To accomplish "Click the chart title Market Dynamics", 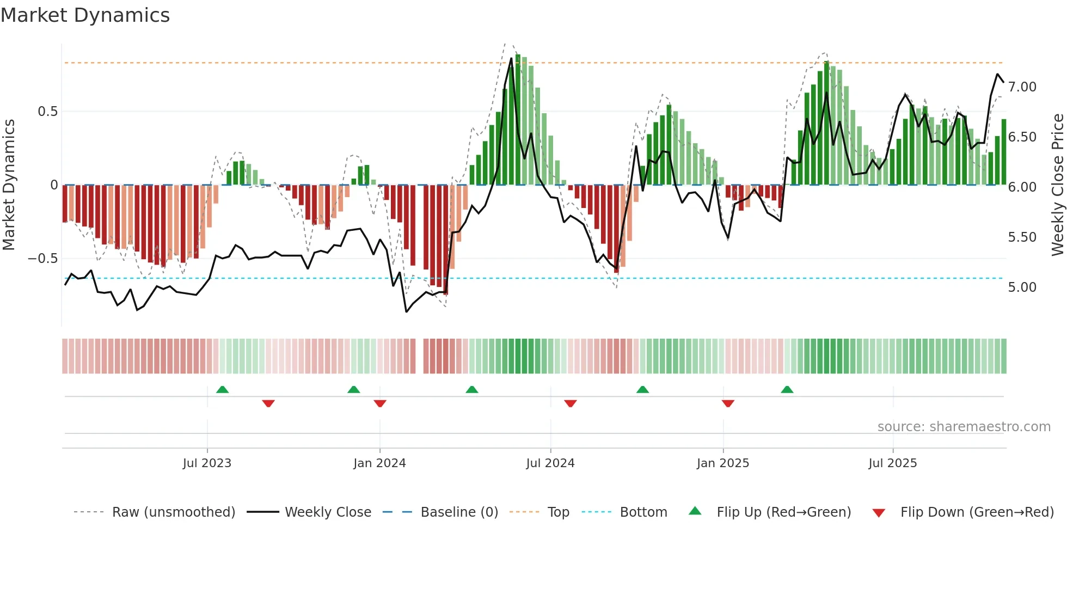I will click(x=85, y=15).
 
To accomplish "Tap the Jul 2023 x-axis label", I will click(x=207, y=463).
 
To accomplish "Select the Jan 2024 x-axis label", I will click(x=379, y=463).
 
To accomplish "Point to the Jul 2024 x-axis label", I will click(x=550, y=463).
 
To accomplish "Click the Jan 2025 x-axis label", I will click(x=723, y=463).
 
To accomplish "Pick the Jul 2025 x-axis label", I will click(x=893, y=463).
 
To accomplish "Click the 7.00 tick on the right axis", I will click(x=1022, y=87).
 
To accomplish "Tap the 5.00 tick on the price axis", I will click(x=1022, y=287).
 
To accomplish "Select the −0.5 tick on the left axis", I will click(x=43, y=259).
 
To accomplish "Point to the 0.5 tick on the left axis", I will click(x=47, y=112).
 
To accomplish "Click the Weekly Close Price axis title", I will click(x=1057, y=185).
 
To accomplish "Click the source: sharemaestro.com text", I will click(x=964, y=427).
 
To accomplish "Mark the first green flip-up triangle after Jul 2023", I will click(x=222, y=389).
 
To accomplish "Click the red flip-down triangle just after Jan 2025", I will click(x=728, y=403).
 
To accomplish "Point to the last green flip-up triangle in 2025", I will click(x=787, y=389).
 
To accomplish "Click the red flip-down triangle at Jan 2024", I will click(x=380, y=403).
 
